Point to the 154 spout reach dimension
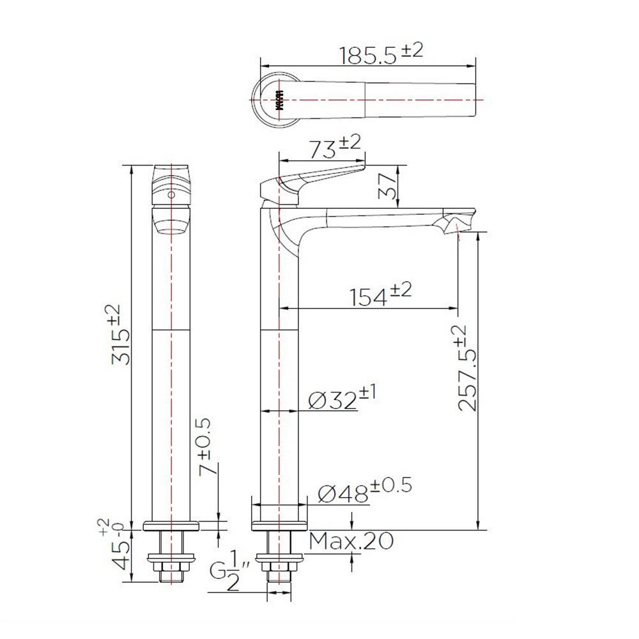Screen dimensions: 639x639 380,295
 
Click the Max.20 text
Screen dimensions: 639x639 351,542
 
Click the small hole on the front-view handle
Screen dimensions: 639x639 171,194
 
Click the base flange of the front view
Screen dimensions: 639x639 171,526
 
